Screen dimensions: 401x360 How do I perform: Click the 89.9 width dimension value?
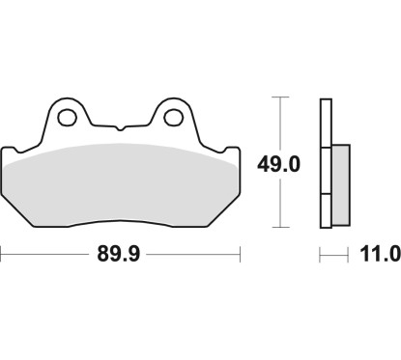(119, 254)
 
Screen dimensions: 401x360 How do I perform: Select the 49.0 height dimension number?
(278, 164)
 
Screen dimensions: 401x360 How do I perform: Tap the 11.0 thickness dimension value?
(380, 254)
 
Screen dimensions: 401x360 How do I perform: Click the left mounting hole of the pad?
(68, 118)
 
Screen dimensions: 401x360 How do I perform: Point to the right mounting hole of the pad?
(174, 118)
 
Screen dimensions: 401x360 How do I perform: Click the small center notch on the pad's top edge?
(120, 128)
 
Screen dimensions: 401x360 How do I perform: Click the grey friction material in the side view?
(341, 184)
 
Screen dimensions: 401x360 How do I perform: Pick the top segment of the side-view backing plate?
(326, 124)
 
